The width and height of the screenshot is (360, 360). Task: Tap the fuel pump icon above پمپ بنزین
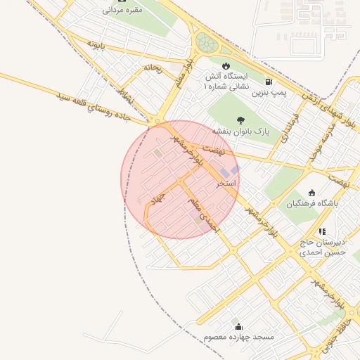tap(268, 63)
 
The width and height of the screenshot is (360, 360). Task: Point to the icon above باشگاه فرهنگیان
tap(312, 192)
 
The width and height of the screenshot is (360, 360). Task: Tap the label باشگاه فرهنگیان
tap(312, 203)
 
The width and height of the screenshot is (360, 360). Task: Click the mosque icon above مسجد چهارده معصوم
tap(238, 326)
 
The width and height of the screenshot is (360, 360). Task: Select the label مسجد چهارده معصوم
tap(238, 337)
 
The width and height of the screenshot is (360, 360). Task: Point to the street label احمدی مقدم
tap(204, 216)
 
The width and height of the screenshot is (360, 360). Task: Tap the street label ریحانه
tap(153, 68)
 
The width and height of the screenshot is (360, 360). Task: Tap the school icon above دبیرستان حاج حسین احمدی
tap(322, 231)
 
